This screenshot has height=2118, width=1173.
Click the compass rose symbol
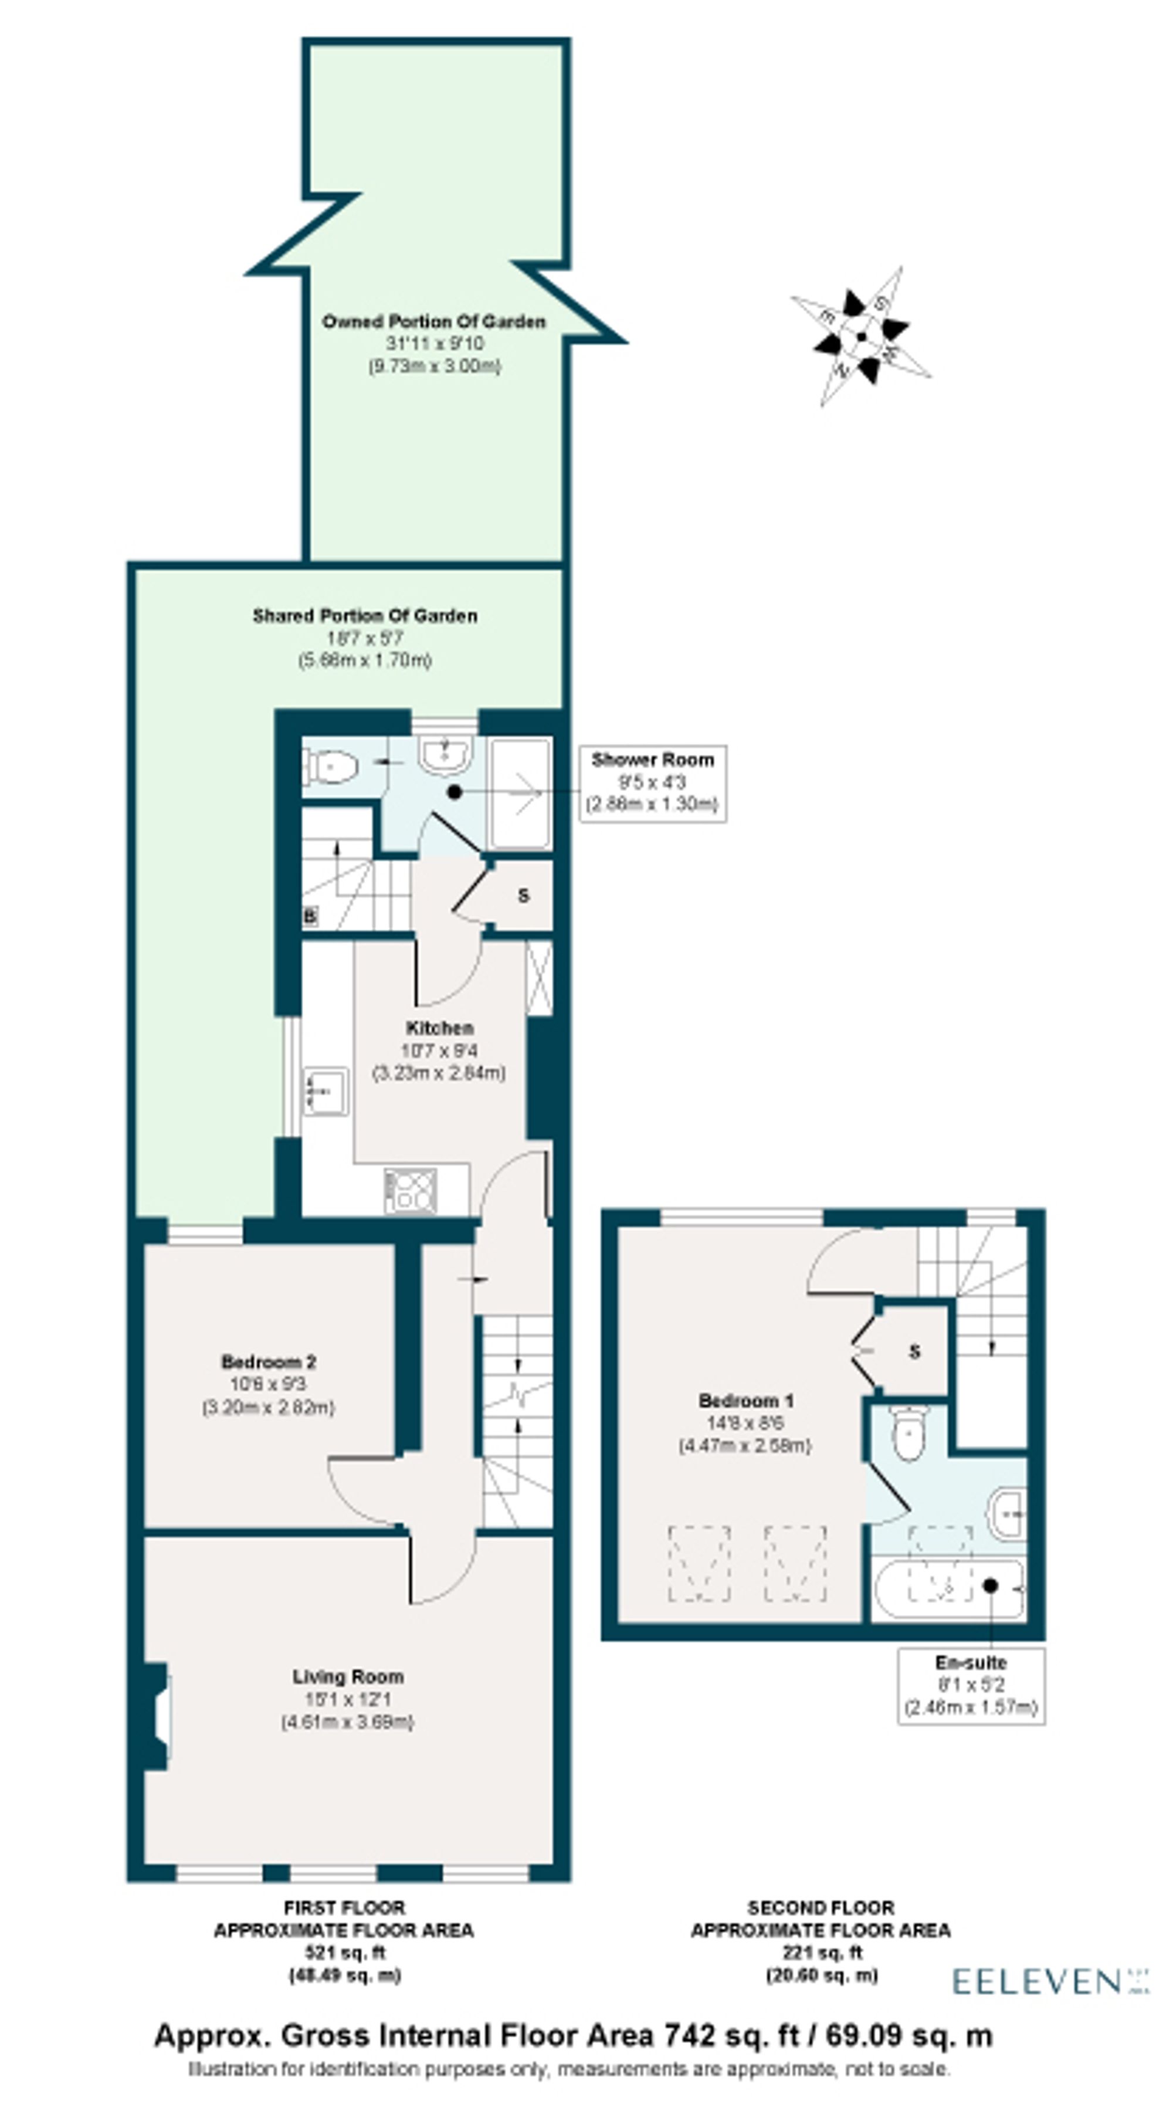(x=860, y=336)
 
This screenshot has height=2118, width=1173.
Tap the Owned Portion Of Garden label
(x=433, y=321)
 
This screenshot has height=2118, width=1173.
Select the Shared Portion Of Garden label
(x=364, y=616)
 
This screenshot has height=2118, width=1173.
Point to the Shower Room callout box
(x=653, y=782)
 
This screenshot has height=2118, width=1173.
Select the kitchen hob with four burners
(x=410, y=1191)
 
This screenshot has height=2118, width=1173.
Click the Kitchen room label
(x=440, y=1028)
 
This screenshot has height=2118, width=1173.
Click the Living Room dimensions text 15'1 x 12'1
(x=348, y=1699)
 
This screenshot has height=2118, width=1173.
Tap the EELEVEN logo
(x=1038, y=1981)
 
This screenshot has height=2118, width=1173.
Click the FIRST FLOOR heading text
(x=344, y=1907)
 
